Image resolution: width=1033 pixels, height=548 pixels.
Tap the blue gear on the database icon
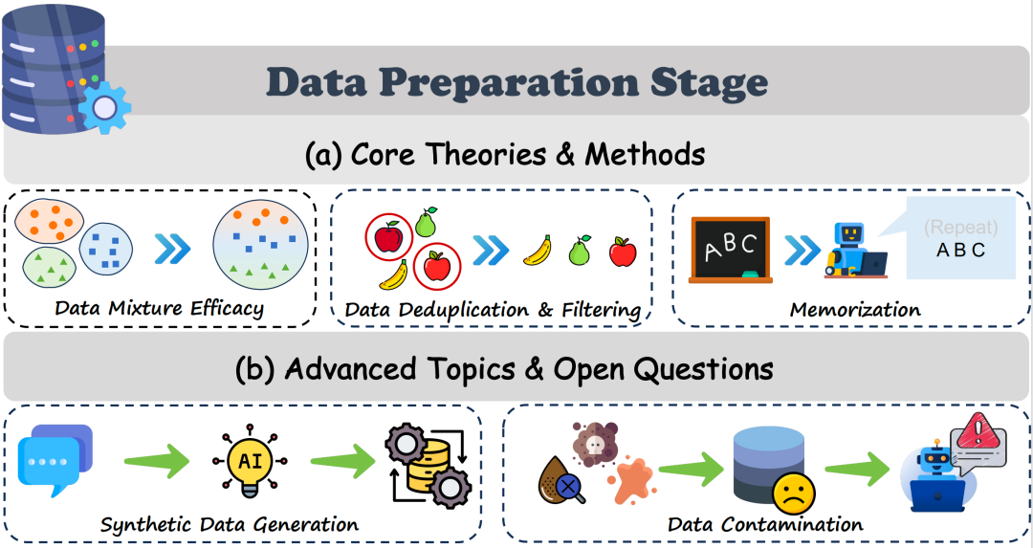click(104, 107)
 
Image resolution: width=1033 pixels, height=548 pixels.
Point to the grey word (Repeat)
click(960, 228)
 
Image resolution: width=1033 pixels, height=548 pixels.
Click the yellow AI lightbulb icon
click(250, 460)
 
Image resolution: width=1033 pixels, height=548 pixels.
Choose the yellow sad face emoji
click(794, 494)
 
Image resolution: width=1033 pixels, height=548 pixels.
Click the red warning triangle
click(978, 431)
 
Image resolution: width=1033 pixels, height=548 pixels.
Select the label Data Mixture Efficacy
click(160, 308)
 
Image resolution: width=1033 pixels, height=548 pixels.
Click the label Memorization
click(855, 309)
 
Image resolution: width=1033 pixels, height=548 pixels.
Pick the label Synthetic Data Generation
click(230, 525)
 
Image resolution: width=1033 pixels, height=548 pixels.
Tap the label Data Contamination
click(765, 525)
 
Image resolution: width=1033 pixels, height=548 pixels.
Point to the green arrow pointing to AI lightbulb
click(157, 461)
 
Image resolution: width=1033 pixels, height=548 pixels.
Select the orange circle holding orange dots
click(49, 221)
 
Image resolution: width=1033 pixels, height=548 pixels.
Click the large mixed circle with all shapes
click(261, 245)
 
